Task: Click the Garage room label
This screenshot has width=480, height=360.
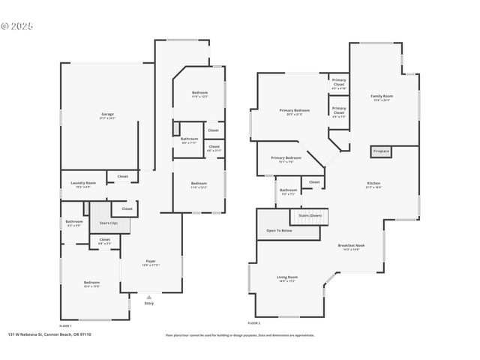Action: pos(106,115)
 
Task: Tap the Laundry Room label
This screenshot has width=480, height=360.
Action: pos(83,183)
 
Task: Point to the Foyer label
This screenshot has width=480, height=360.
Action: pos(150,262)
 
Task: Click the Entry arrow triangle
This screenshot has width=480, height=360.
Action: pos(148,297)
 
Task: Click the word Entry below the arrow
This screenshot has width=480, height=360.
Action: pos(148,303)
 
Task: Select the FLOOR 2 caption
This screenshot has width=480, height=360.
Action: pos(253,322)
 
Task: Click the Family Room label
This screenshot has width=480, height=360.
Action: pos(382,97)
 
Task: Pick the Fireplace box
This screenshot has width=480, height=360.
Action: pos(381,151)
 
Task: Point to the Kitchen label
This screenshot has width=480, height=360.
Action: pos(373,184)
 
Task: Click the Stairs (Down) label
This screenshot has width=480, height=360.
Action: pos(310,215)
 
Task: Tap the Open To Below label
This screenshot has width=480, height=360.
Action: pos(279,230)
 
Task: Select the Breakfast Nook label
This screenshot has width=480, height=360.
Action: pos(351,247)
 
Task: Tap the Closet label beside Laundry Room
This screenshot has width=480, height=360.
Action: pos(122,176)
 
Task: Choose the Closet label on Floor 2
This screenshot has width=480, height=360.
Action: pos(313,181)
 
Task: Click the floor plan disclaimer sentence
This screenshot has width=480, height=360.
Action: pos(239,335)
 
